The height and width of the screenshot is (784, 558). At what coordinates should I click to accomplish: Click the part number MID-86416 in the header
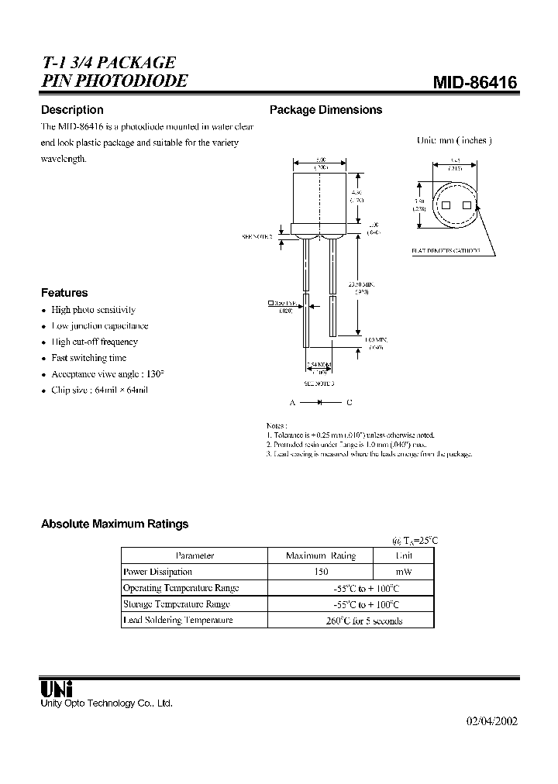click(x=474, y=83)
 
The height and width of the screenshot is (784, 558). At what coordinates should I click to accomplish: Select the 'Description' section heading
click(x=72, y=110)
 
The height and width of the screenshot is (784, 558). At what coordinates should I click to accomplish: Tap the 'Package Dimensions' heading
click(x=325, y=110)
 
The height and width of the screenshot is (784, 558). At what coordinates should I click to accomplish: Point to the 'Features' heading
click(x=64, y=293)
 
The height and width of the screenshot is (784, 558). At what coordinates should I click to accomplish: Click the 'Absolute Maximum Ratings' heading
click(x=115, y=524)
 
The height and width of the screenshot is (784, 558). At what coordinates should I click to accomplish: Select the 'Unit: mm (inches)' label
click(x=454, y=140)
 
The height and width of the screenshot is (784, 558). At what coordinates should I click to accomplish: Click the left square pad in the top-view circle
click(x=446, y=205)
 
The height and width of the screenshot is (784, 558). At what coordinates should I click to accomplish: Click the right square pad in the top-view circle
click(x=467, y=205)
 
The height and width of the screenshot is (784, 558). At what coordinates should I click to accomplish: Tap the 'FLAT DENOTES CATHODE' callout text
click(x=446, y=251)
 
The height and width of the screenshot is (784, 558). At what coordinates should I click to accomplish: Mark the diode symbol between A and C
click(x=320, y=402)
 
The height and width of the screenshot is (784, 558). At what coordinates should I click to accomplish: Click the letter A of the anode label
click(x=293, y=402)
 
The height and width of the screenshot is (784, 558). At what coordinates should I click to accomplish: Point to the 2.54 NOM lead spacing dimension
click(x=319, y=364)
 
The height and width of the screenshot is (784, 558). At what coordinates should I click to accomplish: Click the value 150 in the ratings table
click(x=320, y=572)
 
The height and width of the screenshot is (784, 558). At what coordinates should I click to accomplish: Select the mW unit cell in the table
click(x=403, y=572)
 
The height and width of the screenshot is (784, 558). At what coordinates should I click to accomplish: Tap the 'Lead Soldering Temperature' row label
click(x=178, y=621)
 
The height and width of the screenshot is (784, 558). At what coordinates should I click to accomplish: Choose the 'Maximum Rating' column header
click(x=320, y=555)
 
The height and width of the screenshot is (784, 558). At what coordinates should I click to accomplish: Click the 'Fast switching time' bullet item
click(x=88, y=358)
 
